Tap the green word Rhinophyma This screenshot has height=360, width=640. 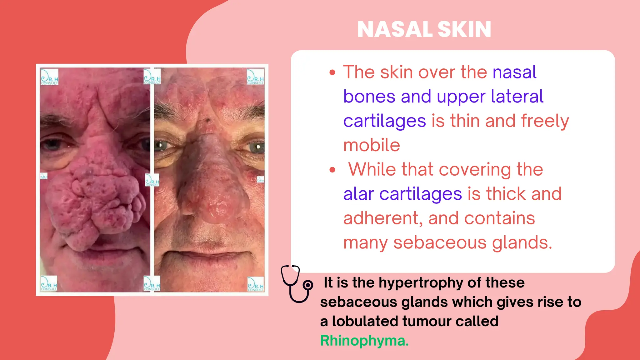(x=364, y=341)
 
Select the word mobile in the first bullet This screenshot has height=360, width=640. (x=372, y=145)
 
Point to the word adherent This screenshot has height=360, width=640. (x=382, y=218)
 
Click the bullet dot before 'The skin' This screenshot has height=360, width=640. (x=332, y=73)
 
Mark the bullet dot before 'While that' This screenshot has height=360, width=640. (x=332, y=170)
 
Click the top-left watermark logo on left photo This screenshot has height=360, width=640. (x=49, y=77)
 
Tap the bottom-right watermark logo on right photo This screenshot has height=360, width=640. (x=256, y=284)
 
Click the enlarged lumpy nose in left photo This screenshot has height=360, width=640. (x=94, y=200)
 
